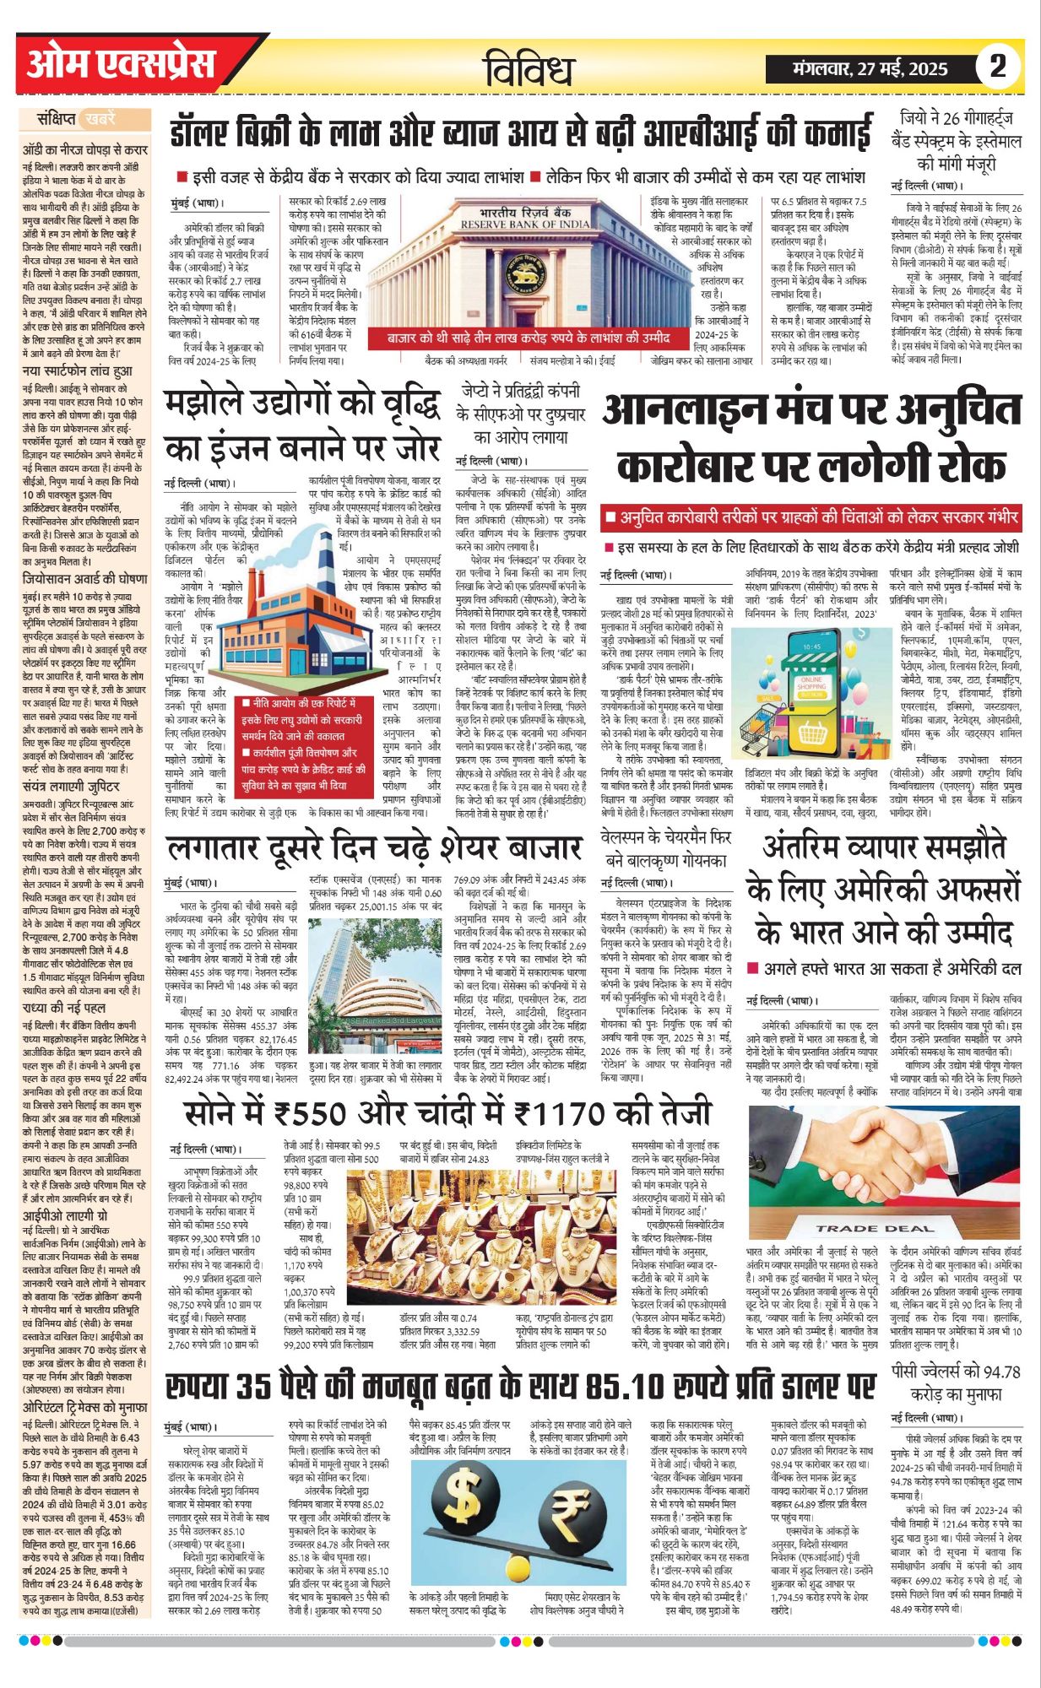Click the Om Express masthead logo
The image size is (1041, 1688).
[x=120, y=65]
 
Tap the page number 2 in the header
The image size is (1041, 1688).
[x=998, y=66]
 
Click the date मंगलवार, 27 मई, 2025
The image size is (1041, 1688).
[x=870, y=69]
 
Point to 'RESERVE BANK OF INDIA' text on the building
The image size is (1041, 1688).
[x=525, y=225]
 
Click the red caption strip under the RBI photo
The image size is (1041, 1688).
[x=529, y=338]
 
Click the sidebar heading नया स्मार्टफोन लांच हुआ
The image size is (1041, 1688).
[x=77, y=371]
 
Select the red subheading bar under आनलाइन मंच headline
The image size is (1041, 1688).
[x=812, y=517]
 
